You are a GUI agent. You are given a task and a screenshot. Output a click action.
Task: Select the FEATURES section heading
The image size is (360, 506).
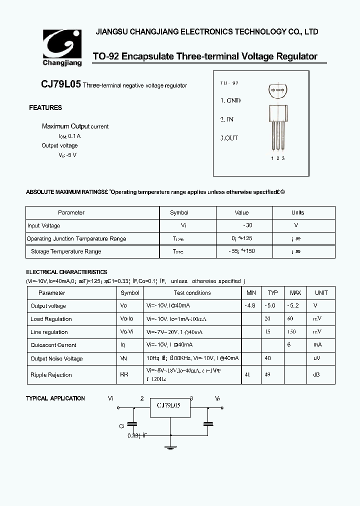coord(45,107)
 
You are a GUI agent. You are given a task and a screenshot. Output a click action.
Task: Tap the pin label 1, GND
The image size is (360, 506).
coord(230,100)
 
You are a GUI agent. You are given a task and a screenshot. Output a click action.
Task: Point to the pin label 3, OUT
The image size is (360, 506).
coord(229,138)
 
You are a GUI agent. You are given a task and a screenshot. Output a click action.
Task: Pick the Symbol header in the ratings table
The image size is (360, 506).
coord(179,212)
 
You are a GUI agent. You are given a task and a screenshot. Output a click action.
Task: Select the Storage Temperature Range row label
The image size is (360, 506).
coord(66,251)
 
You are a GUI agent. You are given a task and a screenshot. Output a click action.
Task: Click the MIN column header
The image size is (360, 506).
coord(251,293)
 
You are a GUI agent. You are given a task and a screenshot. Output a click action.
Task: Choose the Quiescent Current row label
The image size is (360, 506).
coord(53,345)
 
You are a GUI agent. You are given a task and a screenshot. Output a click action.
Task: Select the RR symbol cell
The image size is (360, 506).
coord(124,375)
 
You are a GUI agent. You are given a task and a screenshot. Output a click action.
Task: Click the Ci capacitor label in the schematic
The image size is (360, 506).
coord(121,426)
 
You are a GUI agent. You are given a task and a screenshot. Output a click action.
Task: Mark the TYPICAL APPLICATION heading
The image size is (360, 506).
coord(55,398)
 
